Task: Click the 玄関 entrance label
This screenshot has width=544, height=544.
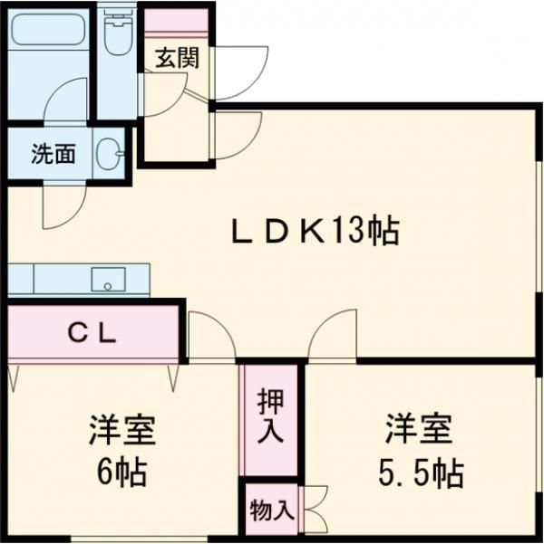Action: pyautogui.click(x=177, y=60)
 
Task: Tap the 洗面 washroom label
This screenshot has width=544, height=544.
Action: pyautogui.click(x=53, y=154)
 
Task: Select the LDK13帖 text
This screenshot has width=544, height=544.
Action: pyautogui.click(x=313, y=233)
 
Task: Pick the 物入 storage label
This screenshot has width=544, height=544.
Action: pyautogui.click(x=271, y=511)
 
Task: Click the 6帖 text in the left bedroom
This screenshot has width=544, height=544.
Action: pyautogui.click(x=122, y=472)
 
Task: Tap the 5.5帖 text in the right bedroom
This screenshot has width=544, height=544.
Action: pyautogui.click(x=419, y=472)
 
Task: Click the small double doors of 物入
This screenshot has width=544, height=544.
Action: pyautogui.click(x=314, y=510)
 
